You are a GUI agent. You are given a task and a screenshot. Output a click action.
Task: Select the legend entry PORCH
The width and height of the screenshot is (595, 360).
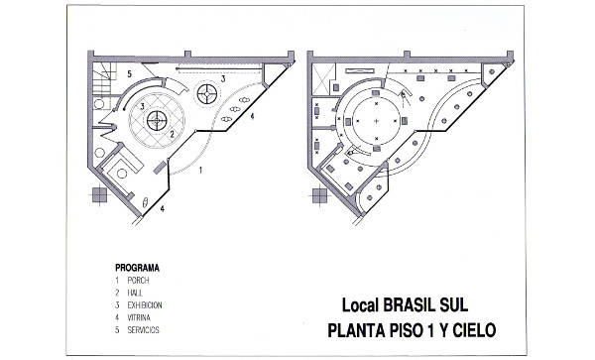pos(138,281)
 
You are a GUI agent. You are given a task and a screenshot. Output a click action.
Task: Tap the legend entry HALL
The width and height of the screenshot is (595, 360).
pos(135,293)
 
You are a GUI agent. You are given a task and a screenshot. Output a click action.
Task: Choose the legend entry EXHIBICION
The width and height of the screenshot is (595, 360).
pos(145,304)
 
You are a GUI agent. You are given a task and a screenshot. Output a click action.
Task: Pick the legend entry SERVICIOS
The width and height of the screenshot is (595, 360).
pos(143,328)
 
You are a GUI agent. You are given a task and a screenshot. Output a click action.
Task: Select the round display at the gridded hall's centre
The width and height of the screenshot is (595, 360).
pos(156,120)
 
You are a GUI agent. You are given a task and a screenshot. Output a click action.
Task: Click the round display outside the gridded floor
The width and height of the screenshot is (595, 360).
pos(207,95)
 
